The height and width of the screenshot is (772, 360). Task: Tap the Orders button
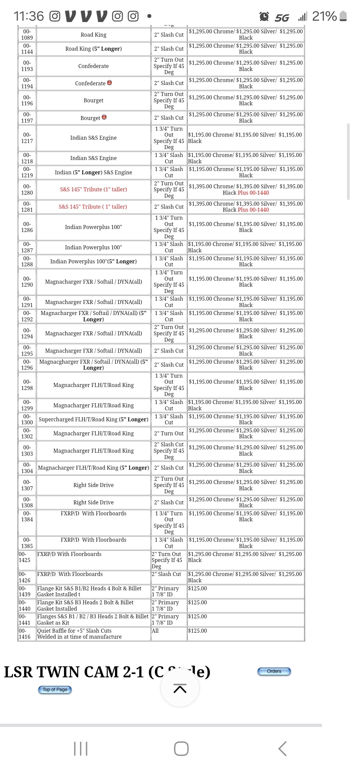click(274, 671)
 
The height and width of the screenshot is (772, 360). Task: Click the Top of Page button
click(55, 690)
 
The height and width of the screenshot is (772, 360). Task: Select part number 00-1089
click(27, 35)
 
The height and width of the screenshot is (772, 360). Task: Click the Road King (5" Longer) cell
click(93, 49)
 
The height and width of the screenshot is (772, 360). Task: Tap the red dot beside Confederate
click(109, 83)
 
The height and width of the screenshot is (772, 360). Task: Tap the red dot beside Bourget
click(104, 117)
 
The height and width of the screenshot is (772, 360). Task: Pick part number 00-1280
click(27, 189)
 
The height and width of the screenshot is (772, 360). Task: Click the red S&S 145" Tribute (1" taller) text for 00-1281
click(93, 207)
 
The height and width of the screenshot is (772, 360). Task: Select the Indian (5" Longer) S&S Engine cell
click(93, 172)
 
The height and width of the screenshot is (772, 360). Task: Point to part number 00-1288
click(27, 261)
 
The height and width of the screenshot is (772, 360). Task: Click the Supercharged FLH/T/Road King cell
click(93, 419)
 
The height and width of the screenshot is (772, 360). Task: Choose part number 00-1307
click(27, 485)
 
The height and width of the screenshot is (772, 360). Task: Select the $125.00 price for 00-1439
click(197, 588)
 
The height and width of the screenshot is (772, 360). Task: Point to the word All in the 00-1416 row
click(155, 631)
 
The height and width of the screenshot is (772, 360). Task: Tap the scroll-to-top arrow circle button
click(180, 688)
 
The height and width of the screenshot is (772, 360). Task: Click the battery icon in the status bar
click(343, 16)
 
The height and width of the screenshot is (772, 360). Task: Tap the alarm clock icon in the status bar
click(264, 16)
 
